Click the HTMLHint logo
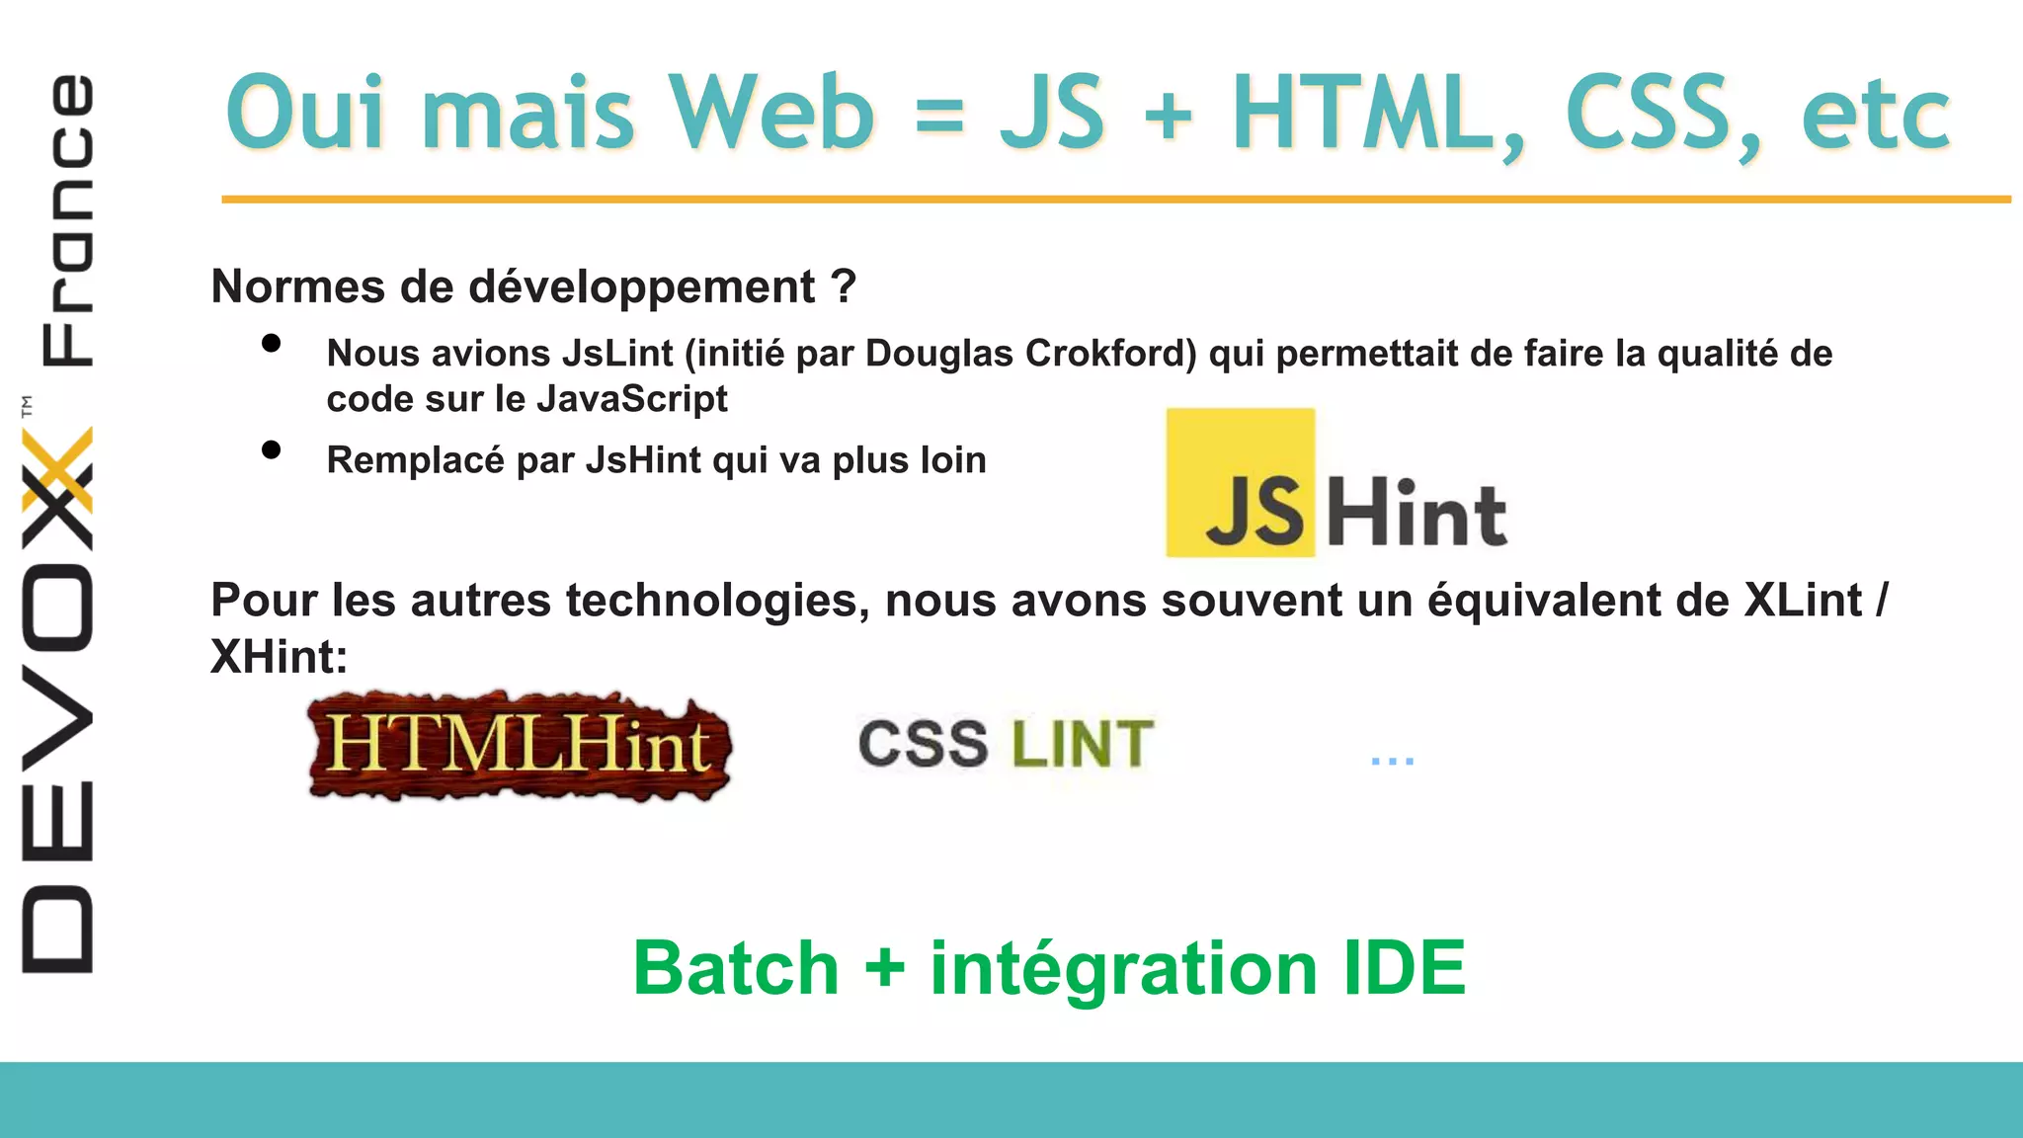tap(520, 746)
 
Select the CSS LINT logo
tap(1006, 743)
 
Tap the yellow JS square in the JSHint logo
tap(1241, 483)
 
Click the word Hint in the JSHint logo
tap(1416, 513)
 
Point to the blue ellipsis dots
tap(1392, 761)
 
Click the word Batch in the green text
tap(736, 968)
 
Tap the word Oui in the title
tap(304, 113)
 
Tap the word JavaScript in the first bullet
tap(632, 399)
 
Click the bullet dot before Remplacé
tap(272, 450)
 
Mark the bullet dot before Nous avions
tap(272, 344)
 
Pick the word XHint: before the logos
tap(280, 657)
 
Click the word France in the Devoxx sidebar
tap(67, 219)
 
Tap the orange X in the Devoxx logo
tap(57, 469)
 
